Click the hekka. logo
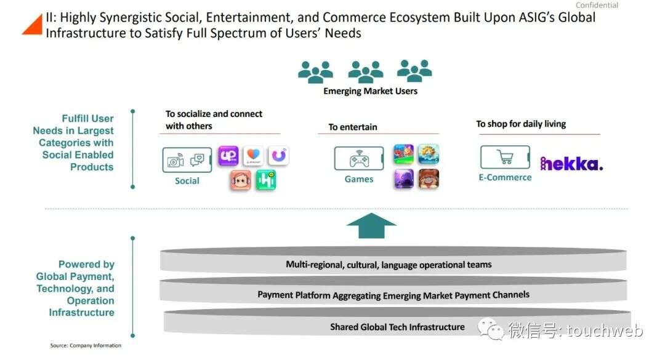[571, 163]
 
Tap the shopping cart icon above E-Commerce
[505, 158]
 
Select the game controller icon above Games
[359, 159]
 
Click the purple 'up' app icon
[228, 156]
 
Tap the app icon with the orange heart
[253, 156]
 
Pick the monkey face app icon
[241, 180]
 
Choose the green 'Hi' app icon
[266, 180]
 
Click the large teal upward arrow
[371, 226]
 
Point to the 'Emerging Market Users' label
[370, 91]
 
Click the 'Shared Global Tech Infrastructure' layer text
[397, 327]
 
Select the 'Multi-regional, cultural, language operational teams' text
[389, 265]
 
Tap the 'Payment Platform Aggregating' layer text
[393, 295]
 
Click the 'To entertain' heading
[352, 127]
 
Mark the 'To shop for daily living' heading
[521, 124]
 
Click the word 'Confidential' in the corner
[597, 5]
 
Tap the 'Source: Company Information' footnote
[86, 346]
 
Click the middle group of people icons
[366, 71]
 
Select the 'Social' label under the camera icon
[187, 181]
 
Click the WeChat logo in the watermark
[492, 329]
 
